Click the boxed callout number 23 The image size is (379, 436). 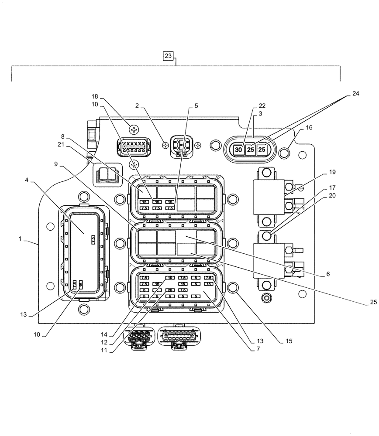click(169, 55)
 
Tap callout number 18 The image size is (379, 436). click(95, 96)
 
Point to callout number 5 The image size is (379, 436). click(196, 106)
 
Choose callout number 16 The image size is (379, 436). click(309, 128)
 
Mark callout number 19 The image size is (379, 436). click(333, 173)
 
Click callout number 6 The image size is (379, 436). click(327, 274)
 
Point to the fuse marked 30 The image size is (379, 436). click(238, 150)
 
